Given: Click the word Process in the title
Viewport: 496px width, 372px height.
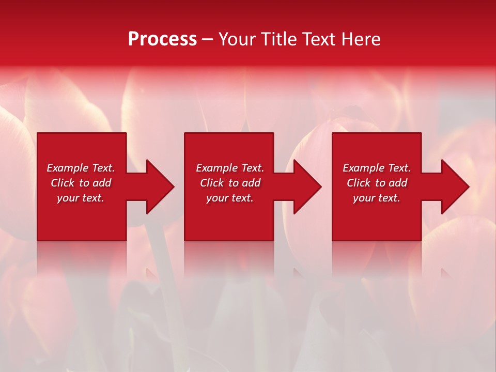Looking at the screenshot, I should (x=162, y=39).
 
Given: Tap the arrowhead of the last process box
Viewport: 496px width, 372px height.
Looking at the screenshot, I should (x=454, y=187).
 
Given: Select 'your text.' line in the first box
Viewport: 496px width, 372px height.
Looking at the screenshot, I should (x=81, y=198).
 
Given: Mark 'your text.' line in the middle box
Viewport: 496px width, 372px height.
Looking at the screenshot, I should (x=230, y=198).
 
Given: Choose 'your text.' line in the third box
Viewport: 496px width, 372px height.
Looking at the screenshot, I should (x=377, y=198).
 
